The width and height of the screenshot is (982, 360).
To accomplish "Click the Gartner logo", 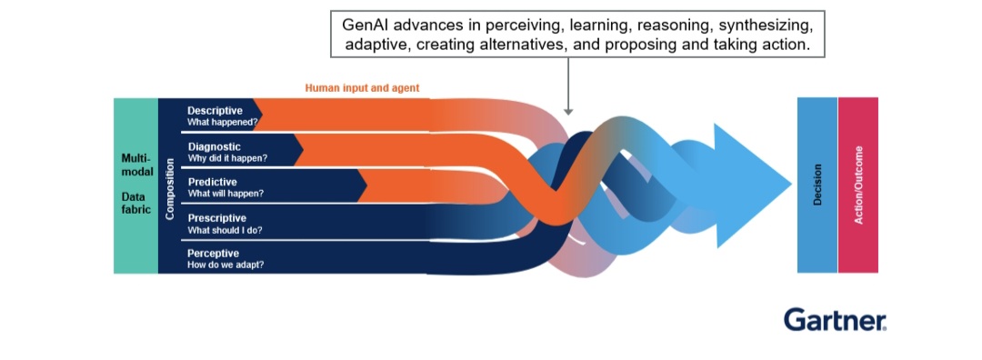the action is [835, 319].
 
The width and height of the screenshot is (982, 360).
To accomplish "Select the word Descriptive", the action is [215, 111].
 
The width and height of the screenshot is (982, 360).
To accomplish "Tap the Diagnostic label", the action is [215, 147].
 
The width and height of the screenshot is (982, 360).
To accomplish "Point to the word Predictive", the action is [212, 182].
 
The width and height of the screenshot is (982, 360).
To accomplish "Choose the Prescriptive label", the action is [216, 218].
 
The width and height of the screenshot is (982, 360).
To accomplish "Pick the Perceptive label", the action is [213, 254].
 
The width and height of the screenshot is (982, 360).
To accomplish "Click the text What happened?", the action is [223, 122].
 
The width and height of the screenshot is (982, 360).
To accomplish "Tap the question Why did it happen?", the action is [227, 158].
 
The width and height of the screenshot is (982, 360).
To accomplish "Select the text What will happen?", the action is [225, 194].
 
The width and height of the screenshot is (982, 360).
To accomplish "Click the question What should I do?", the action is [225, 230].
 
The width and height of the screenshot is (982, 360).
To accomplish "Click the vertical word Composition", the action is [170, 188].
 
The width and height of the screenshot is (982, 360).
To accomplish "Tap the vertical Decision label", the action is [817, 185].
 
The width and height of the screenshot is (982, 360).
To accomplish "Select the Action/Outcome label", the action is [858, 185].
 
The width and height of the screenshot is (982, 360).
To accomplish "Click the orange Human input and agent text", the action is [362, 88].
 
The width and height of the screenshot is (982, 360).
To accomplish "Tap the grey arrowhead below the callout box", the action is [568, 111].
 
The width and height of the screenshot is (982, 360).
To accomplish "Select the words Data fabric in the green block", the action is [136, 203].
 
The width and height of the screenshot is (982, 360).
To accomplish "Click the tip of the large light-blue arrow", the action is [792, 185].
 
